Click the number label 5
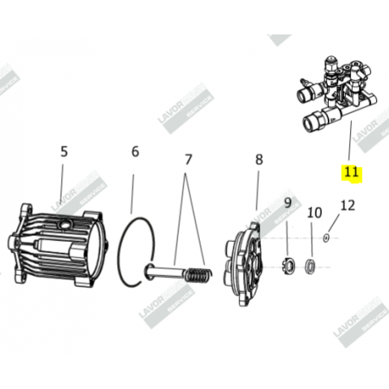[x=64, y=152]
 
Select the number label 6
[x=135, y=152]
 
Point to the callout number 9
[x=289, y=205]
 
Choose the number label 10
[x=314, y=212]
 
